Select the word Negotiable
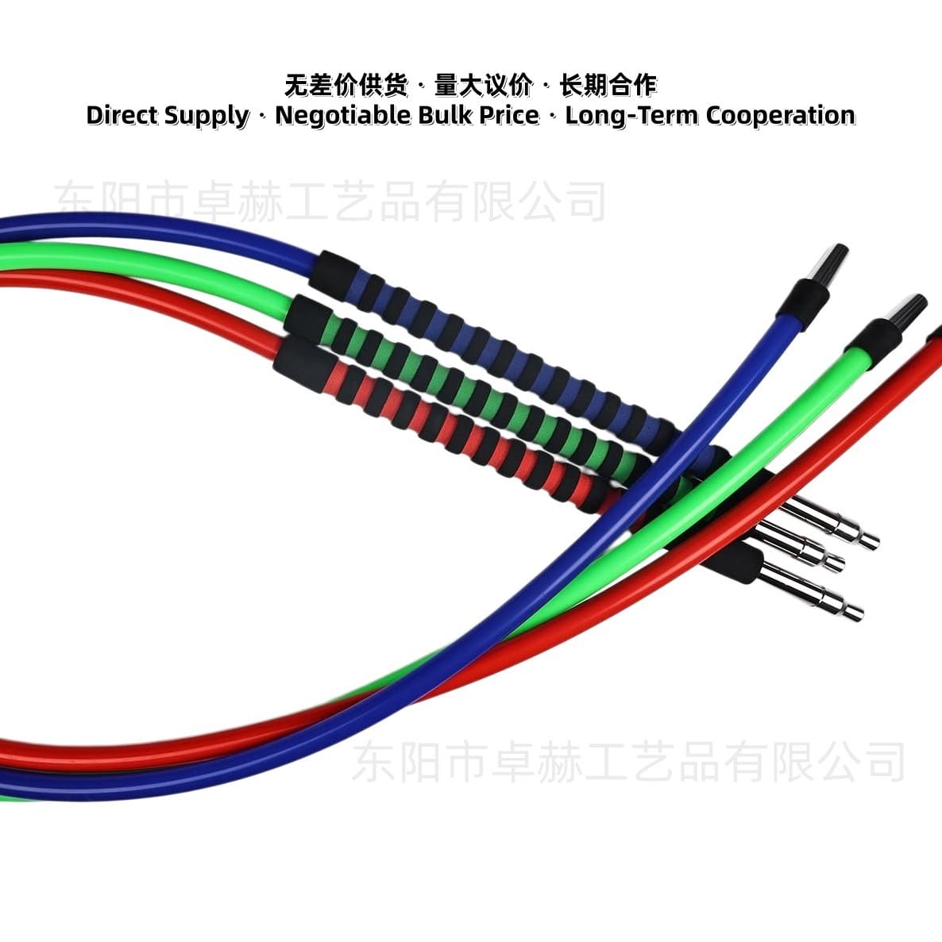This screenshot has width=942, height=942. click(344, 115)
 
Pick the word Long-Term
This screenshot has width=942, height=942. click(631, 115)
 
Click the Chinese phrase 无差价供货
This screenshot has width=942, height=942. click(346, 85)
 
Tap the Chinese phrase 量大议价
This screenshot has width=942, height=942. click(484, 85)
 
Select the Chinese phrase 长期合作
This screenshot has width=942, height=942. click(608, 85)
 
